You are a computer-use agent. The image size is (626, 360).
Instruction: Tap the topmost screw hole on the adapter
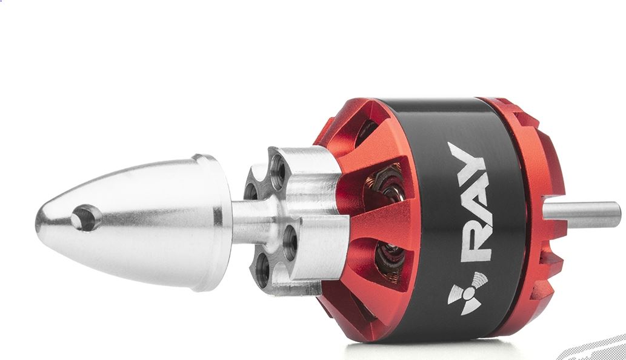click(278, 167)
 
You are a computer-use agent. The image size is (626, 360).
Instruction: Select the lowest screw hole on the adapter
click(262, 270)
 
